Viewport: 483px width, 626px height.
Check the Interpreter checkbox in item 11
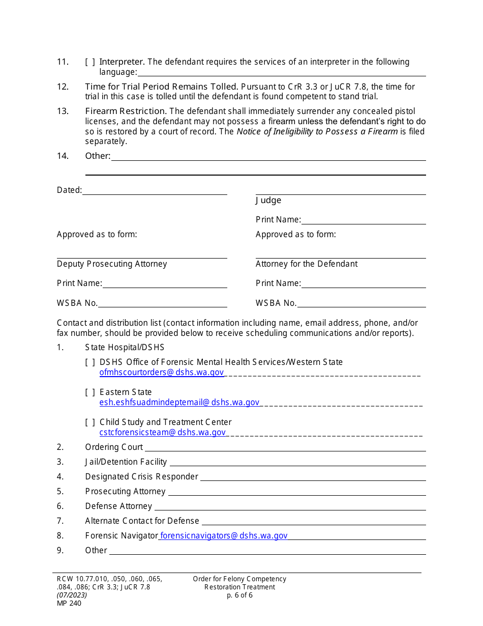90,62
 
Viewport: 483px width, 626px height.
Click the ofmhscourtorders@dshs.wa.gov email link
162,373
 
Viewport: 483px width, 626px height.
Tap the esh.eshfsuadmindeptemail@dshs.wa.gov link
179,403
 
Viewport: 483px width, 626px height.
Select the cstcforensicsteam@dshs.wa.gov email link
163,433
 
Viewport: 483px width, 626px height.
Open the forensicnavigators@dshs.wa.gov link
224,536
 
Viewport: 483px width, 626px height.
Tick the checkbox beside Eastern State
90,392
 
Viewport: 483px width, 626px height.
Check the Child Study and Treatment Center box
90,422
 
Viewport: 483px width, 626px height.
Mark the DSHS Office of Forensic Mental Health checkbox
90,362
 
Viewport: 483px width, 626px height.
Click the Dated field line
155,191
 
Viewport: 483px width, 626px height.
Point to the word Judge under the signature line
268,201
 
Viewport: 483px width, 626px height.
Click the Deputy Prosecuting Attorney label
112,264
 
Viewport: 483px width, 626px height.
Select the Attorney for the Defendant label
307,264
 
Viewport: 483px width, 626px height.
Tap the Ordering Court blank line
285,448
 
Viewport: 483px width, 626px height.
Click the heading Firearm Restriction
126,111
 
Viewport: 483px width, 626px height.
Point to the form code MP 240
69,604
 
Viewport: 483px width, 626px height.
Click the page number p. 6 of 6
239,595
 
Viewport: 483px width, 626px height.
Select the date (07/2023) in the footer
72,595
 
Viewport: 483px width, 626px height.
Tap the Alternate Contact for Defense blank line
313,522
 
